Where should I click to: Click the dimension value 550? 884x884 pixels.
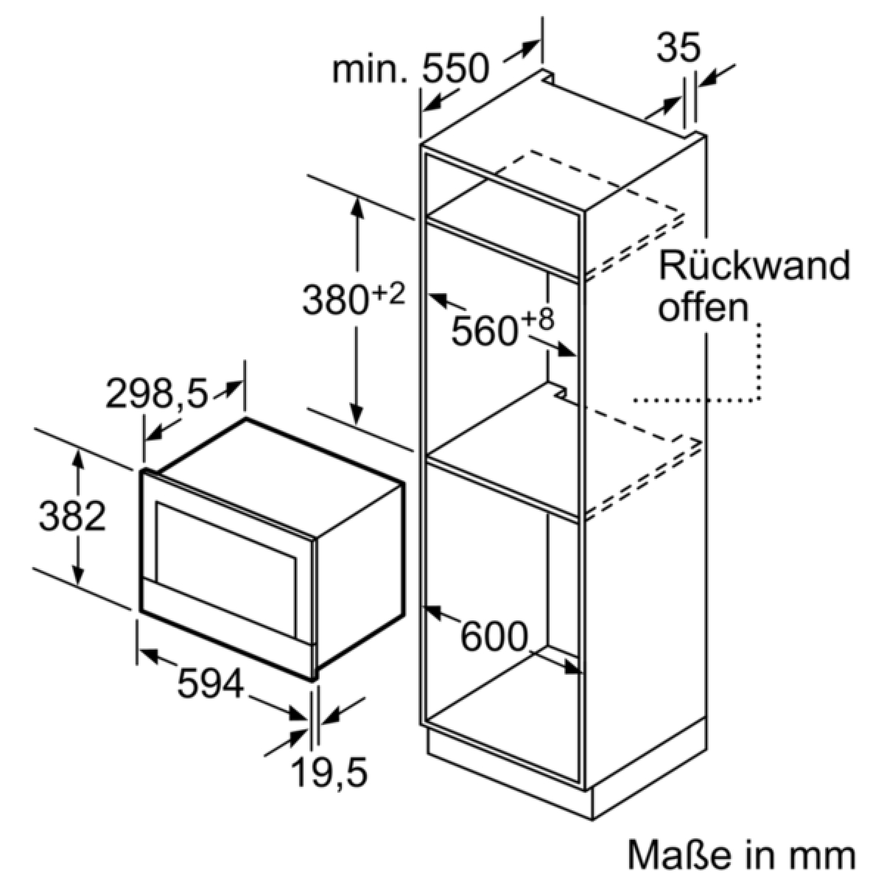pyautogui.click(x=456, y=69)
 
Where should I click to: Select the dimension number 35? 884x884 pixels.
pyautogui.click(x=678, y=47)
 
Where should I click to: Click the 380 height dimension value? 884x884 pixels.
pyautogui.click(x=335, y=300)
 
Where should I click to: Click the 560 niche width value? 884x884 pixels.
pyautogui.click(x=485, y=331)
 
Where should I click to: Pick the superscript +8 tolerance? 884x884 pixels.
pyautogui.click(x=538, y=320)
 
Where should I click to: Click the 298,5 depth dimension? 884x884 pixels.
pyautogui.click(x=157, y=393)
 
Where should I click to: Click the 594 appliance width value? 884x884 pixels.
pyautogui.click(x=210, y=684)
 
